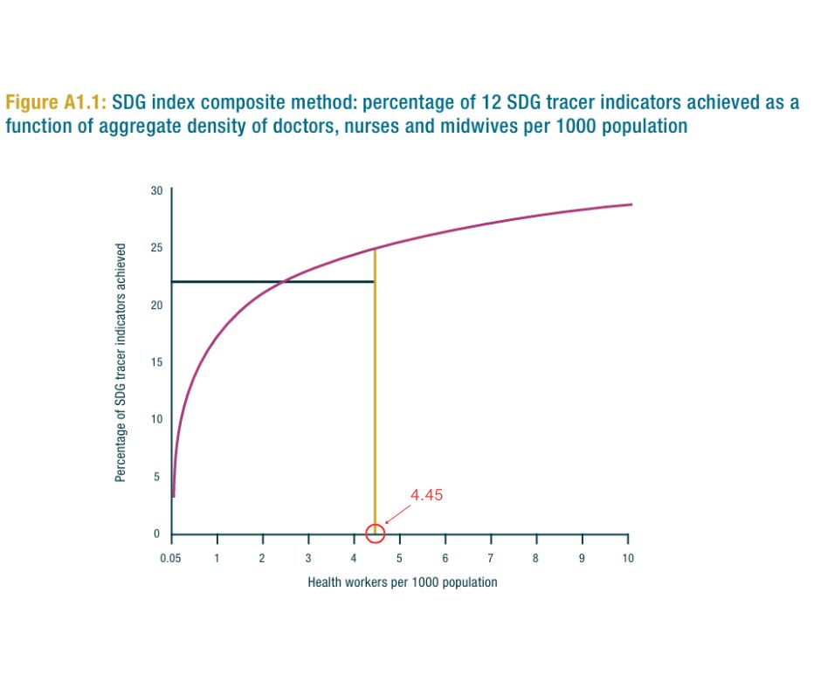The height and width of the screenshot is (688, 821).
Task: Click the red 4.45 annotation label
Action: pyautogui.click(x=427, y=495)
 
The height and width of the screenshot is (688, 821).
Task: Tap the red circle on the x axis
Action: pyautogui.click(x=375, y=533)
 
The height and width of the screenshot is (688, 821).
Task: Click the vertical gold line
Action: pyautogui.click(x=375, y=393)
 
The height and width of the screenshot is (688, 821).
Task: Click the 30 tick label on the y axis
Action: pyautogui.click(x=157, y=190)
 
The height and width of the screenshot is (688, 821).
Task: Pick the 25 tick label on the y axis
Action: pyautogui.click(x=157, y=248)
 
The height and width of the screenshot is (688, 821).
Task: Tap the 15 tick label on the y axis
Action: pyautogui.click(x=157, y=362)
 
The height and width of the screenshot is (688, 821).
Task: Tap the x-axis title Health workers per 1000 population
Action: pyautogui.click(x=402, y=582)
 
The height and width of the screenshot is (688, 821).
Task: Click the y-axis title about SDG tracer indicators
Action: pyautogui.click(x=121, y=362)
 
